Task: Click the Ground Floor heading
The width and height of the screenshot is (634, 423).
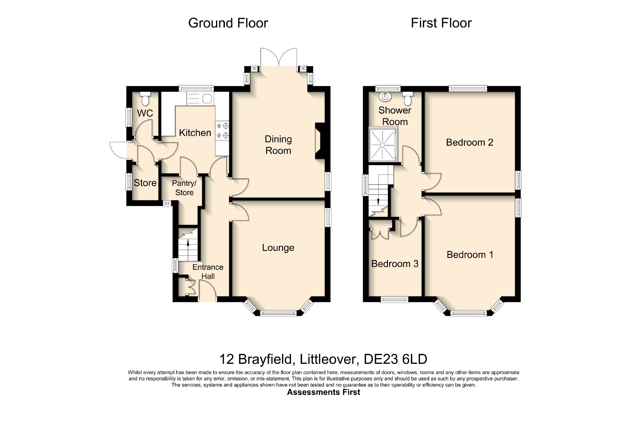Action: pos(228,23)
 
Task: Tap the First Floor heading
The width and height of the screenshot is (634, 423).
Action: pos(441,23)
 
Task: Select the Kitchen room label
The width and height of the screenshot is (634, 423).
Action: pos(195,133)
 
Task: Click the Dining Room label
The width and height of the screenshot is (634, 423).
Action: pos(278,145)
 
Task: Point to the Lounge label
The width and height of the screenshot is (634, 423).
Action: pos(278,248)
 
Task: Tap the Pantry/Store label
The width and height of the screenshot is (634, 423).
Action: pos(184,188)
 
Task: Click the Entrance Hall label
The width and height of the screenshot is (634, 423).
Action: pos(208,272)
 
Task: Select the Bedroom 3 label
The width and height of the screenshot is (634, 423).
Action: pos(395,264)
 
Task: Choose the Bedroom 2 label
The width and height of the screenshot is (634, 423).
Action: pos(470,143)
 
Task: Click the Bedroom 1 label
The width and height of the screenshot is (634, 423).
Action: pos(470,255)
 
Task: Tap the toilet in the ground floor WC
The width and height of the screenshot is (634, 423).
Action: pos(145,98)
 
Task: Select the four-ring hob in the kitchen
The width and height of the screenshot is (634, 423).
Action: pos(222,131)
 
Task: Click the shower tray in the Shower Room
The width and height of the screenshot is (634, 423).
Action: pos(383,145)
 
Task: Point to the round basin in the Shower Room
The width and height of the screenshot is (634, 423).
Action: pos(385,97)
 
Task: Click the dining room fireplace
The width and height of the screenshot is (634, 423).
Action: pos(320,141)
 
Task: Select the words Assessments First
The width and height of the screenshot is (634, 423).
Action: pos(323,392)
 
